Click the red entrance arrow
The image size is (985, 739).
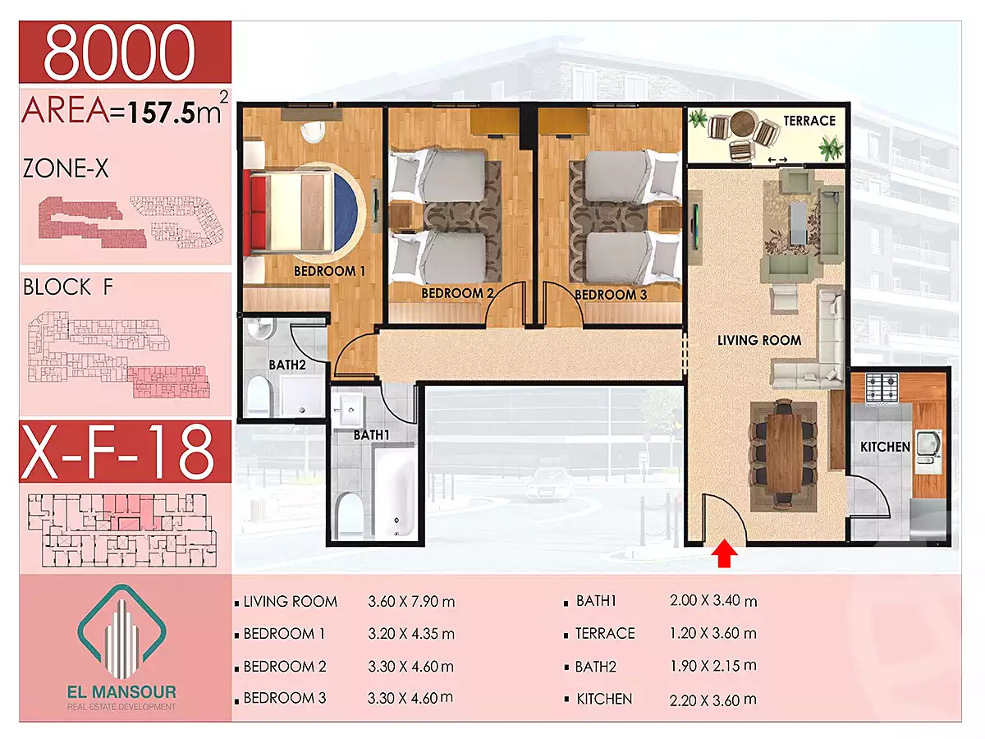pos(724,555)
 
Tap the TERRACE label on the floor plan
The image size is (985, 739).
pos(809,121)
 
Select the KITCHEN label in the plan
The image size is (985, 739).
pos(885,447)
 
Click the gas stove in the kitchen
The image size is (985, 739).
pos(881,388)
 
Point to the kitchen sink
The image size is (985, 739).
pos(928,451)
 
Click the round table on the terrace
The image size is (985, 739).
pos(744,124)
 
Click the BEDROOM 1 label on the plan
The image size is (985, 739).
pos(329,271)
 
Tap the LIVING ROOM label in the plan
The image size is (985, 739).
pos(758,341)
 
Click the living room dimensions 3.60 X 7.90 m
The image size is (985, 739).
pos(411,601)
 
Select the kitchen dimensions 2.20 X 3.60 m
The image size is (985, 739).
pos(713,699)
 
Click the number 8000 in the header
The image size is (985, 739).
pos(120,52)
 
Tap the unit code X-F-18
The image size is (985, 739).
pos(117,452)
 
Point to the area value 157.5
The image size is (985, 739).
pos(163,112)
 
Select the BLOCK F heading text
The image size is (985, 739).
pos(68,287)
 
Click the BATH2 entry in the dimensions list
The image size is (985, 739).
pos(595,667)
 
